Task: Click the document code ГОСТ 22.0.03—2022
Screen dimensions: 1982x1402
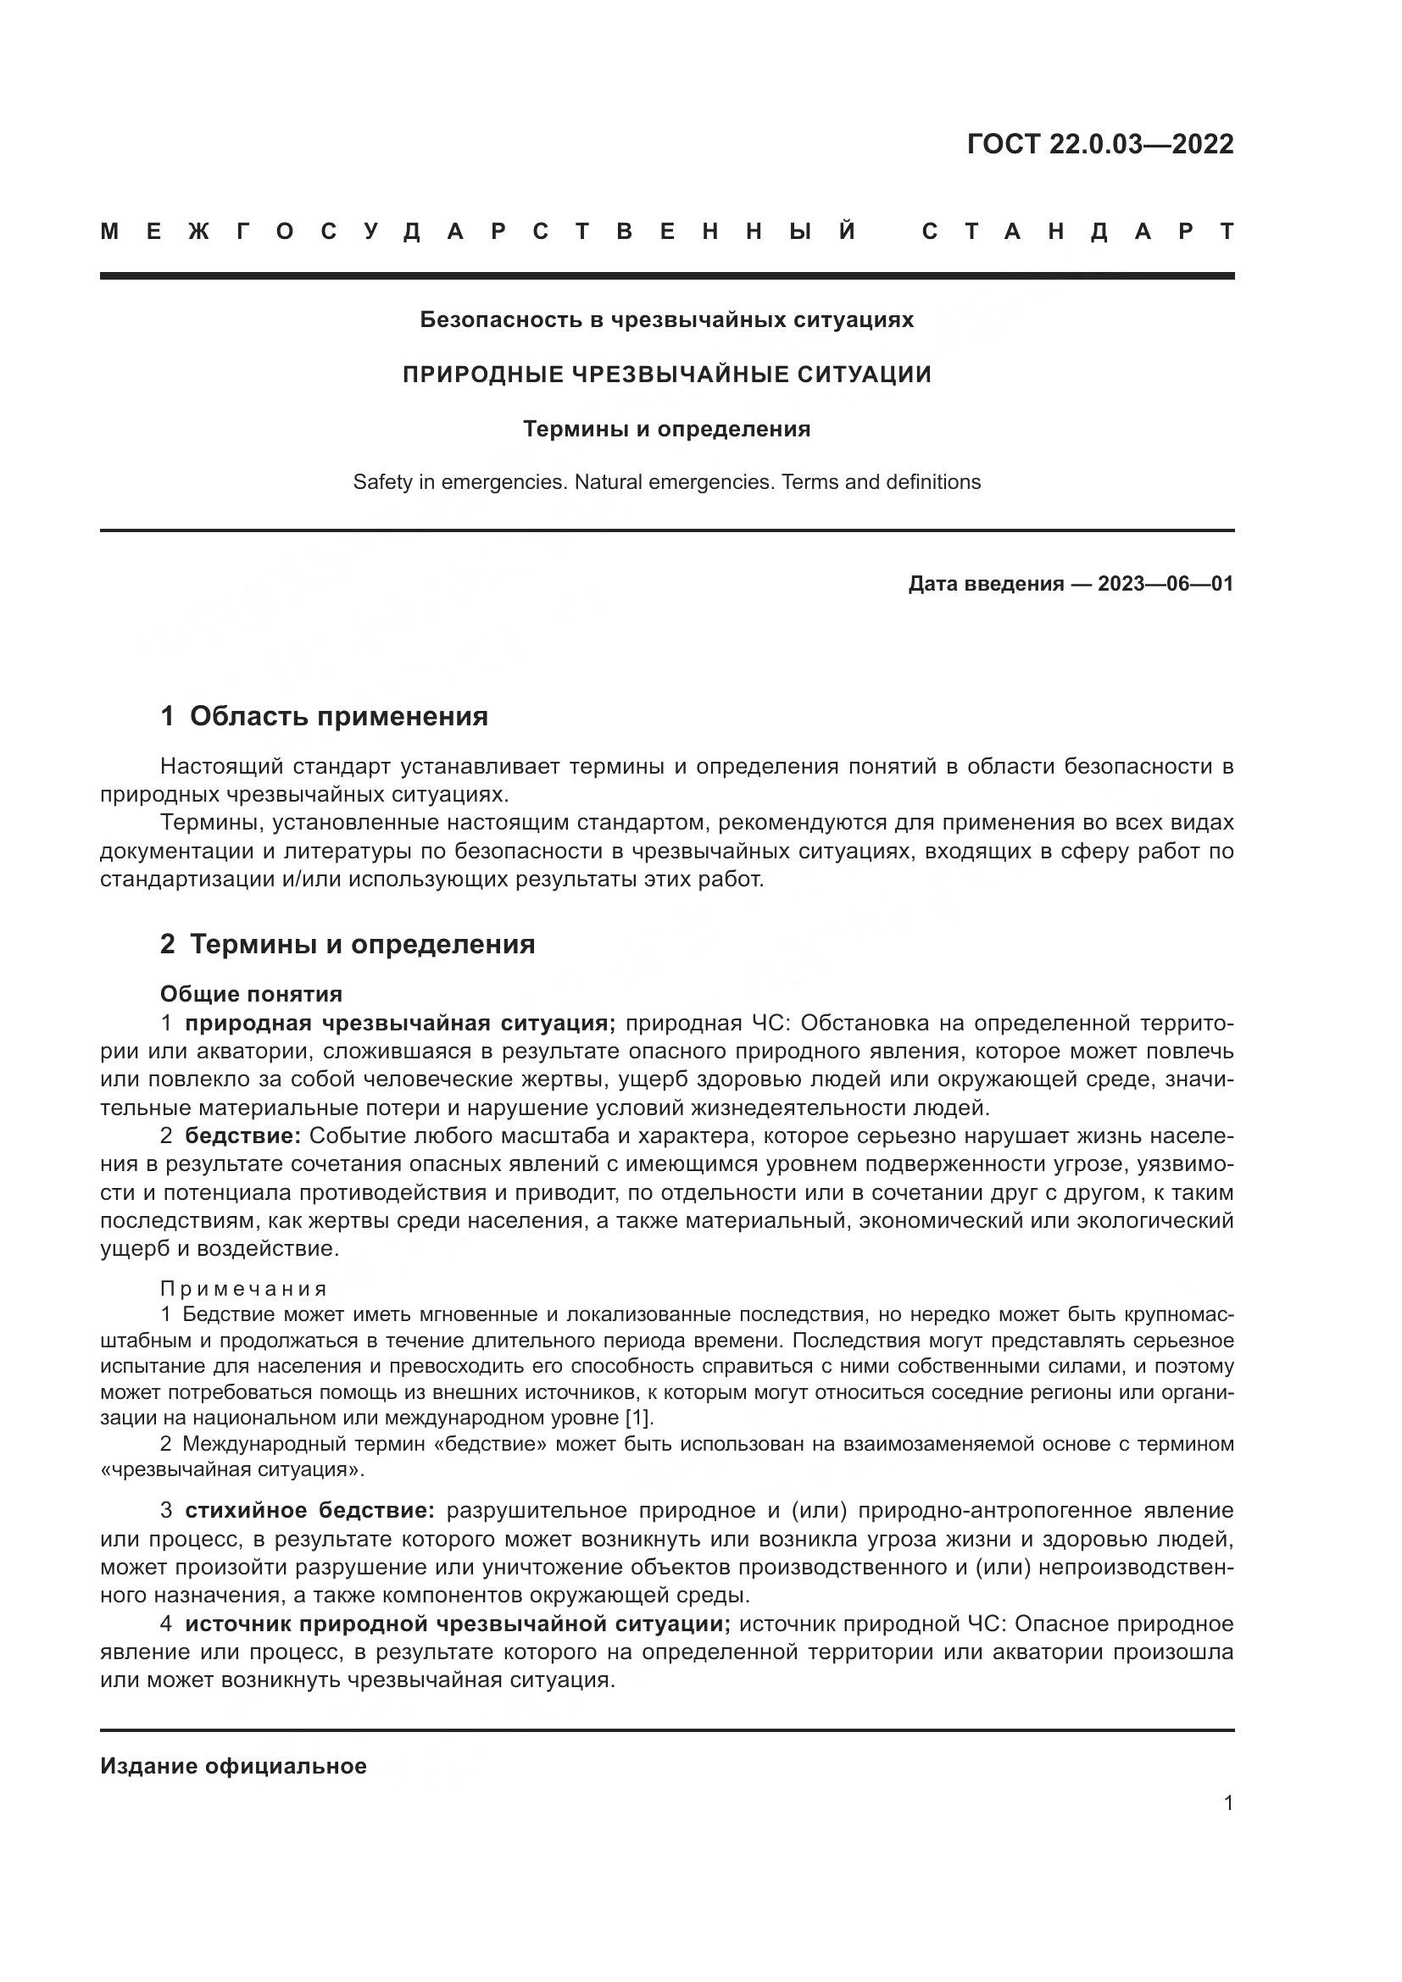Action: pos(1100,144)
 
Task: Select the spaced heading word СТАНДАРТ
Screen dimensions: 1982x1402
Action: pos(1077,231)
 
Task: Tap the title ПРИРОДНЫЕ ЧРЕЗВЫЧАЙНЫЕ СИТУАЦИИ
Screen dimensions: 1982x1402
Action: pos(666,375)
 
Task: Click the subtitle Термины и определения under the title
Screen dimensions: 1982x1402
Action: pos(666,429)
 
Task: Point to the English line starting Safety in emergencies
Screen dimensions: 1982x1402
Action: pos(666,481)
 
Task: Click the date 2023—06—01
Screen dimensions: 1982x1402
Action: pos(1165,584)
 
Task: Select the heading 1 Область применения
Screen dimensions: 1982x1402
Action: pos(324,716)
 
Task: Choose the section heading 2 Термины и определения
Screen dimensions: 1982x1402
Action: pos(347,943)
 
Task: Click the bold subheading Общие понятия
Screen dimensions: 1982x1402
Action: pos(251,994)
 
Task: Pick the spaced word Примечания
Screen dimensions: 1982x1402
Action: pos(243,1289)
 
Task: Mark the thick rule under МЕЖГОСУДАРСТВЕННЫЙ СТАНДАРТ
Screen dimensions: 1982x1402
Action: pos(666,275)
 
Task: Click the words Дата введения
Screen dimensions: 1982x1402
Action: pos(985,584)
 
